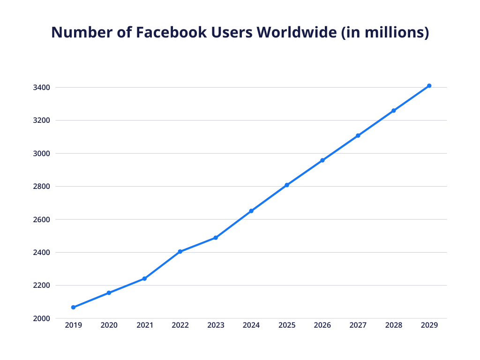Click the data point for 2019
pos(73,307)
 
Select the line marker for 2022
pos(180,252)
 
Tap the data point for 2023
pos(216,238)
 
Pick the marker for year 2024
pos(251,211)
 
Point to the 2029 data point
pos(429,86)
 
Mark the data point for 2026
pos(322,160)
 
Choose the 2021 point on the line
pos(144,278)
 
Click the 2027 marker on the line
pos(358,135)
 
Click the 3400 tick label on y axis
pos(42,88)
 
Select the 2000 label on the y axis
pos(42,318)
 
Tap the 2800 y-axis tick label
pos(42,187)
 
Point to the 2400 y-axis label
pos(42,252)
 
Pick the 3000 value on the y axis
pos(42,153)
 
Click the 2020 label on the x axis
pos(109,325)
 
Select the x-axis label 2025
pos(287,325)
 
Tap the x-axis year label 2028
pos(394,325)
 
